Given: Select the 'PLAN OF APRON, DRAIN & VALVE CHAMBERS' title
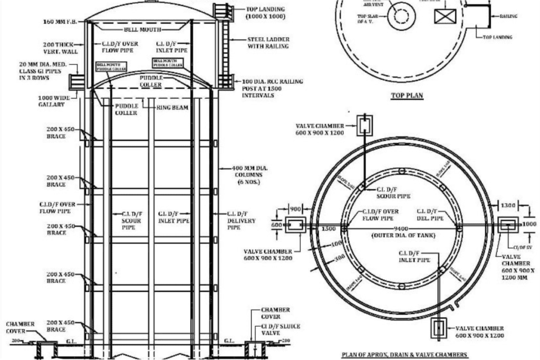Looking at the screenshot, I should tap(404, 354).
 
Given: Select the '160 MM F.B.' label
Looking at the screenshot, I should tap(61, 22).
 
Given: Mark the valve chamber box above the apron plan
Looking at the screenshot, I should tap(364, 125).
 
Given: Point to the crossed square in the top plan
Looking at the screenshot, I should tap(444, 16).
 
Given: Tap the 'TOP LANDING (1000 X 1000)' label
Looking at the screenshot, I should tap(265, 13).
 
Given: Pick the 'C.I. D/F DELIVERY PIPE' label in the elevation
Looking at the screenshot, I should tap(242, 221).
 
